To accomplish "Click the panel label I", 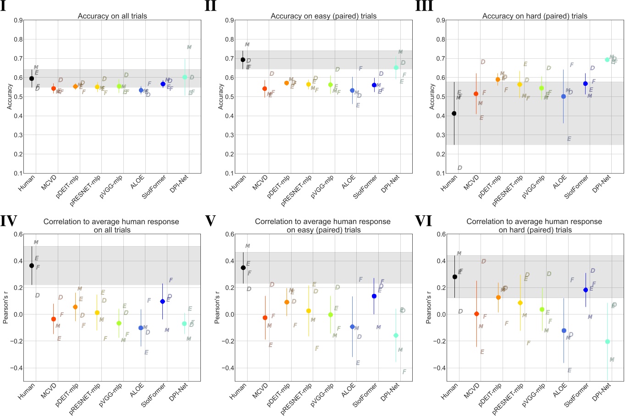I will tap(4, 7).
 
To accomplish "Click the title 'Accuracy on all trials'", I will tap(112, 16).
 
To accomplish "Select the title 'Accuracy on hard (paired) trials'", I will tap(535, 16).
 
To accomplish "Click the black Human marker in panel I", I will tap(32, 79).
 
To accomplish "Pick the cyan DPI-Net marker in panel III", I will tap(607, 60).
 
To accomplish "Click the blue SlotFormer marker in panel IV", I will tap(163, 302).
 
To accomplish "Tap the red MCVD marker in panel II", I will tap(265, 89).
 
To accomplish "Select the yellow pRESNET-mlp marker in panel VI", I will tap(520, 303).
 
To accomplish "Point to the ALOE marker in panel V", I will tap(352, 327).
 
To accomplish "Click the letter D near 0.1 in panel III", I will tap(459, 168).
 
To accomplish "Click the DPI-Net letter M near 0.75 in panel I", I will tap(189, 47).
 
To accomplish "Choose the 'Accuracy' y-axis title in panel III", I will tap(431, 96).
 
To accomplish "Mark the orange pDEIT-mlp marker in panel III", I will tap(498, 79).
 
